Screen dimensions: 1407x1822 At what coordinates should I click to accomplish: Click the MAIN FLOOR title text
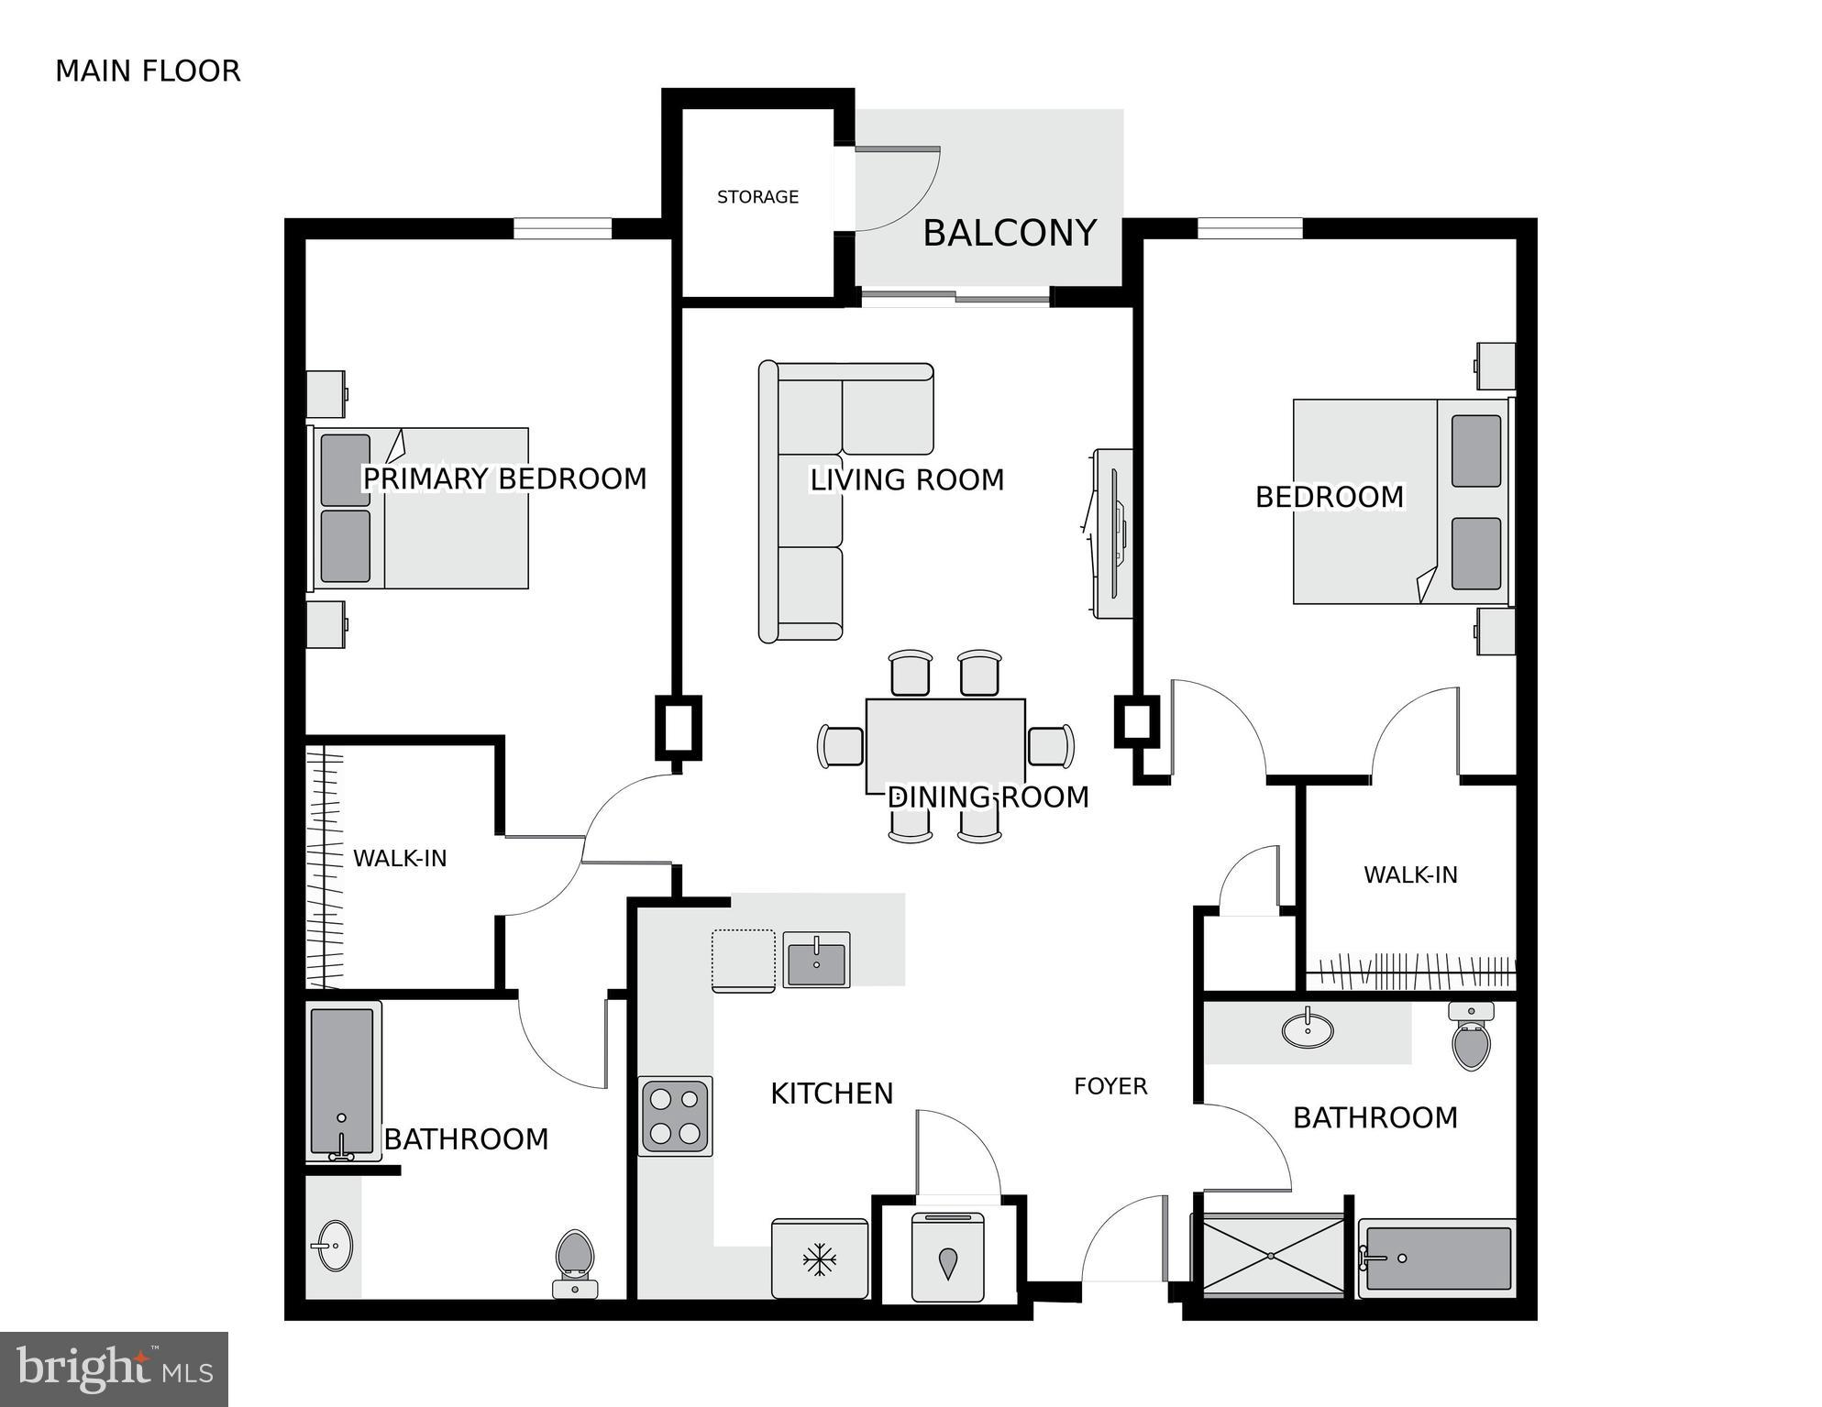(148, 71)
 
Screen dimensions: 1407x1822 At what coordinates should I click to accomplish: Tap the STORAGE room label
(757, 197)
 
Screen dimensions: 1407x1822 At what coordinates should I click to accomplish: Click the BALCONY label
(1009, 233)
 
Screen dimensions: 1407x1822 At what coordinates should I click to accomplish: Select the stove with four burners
(676, 1116)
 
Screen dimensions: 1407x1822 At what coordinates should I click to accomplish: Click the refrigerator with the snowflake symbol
(819, 1259)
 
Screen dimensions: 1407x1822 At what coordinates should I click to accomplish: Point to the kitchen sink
(816, 960)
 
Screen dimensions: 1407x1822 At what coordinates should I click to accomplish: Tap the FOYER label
(1110, 1086)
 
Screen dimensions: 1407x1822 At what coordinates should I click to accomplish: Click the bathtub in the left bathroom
(342, 1082)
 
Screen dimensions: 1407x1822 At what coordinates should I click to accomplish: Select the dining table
(945, 744)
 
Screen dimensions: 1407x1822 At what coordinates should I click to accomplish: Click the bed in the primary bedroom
(422, 509)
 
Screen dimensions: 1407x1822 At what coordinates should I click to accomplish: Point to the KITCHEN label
(831, 1094)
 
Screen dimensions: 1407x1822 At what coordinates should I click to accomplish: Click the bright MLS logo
(114, 1369)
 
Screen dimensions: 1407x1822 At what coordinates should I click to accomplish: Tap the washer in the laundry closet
(947, 1257)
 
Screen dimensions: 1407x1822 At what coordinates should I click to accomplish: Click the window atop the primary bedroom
(562, 228)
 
